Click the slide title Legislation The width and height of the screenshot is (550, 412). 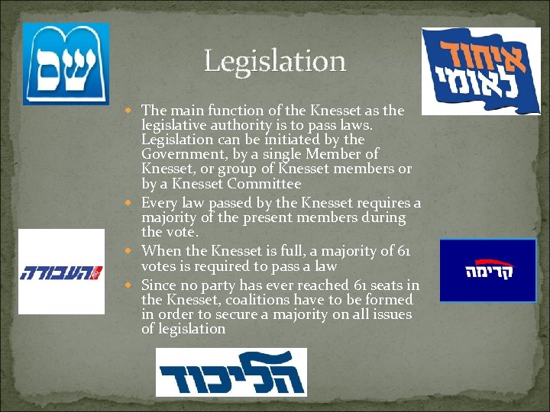pyautogui.click(x=274, y=61)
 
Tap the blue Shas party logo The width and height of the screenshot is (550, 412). pyautogui.click(x=66, y=64)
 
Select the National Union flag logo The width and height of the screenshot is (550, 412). pyautogui.click(x=480, y=70)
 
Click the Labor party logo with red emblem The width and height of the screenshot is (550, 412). pyautogui.click(x=61, y=272)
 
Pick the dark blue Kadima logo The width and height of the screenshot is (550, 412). pyautogui.click(x=488, y=270)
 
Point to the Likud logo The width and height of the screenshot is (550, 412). pyautogui.click(x=231, y=372)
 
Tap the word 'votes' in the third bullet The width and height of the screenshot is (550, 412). pyautogui.click(x=159, y=266)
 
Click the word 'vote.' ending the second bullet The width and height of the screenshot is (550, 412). pyautogui.click(x=183, y=231)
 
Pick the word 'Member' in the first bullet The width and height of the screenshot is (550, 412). pyautogui.click(x=341, y=155)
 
